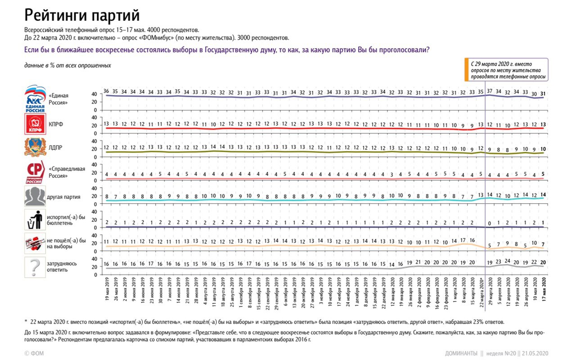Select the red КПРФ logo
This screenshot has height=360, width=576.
[x=35, y=124]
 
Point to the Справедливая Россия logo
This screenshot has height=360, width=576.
[x=35, y=173]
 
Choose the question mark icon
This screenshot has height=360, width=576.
[x=35, y=267]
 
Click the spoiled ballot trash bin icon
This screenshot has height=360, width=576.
[x=35, y=220]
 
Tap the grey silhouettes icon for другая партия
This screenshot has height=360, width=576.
[x=35, y=197]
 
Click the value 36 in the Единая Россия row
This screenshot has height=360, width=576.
[x=106, y=91]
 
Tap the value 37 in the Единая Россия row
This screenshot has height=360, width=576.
[x=490, y=91]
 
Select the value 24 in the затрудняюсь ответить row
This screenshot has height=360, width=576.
[x=507, y=261]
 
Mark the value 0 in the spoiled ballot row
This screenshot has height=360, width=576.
[x=490, y=222]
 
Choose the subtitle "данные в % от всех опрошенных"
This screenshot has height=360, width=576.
[x=67, y=66]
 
